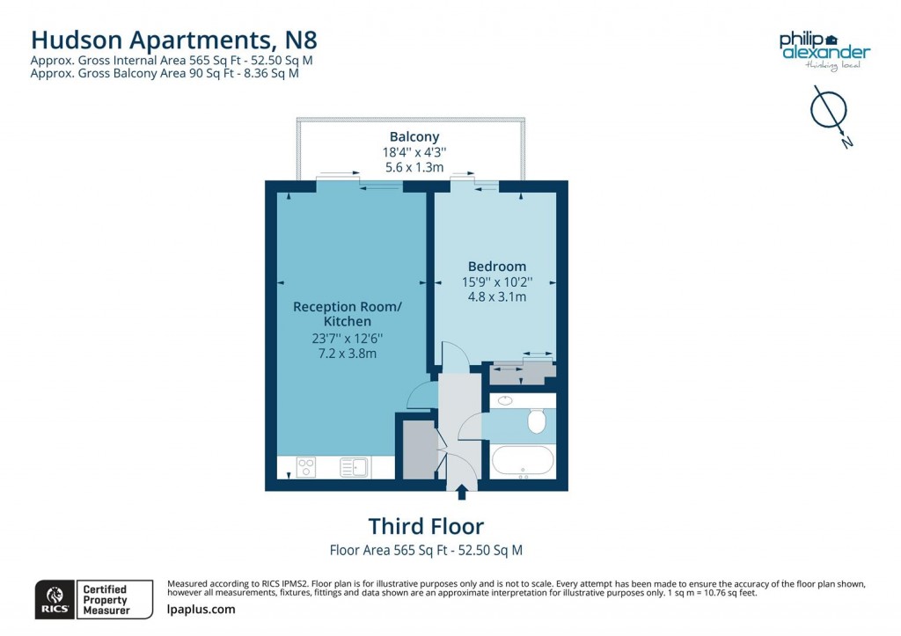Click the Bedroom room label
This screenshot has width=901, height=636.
(x=497, y=267)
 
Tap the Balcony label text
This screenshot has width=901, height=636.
(x=414, y=137)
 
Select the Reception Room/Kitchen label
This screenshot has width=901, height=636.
(x=347, y=314)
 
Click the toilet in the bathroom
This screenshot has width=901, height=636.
(x=537, y=423)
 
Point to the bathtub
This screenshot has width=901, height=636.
(x=523, y=460)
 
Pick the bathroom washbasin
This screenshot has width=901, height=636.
(x=505, y=401)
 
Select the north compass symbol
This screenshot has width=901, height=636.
(x=828, y=112)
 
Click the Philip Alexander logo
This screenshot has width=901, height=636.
(x=824, y=49)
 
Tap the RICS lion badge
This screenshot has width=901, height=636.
(x=52, y=598)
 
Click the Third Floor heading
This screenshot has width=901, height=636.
(x=426, y=526)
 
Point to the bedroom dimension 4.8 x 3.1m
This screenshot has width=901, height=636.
(x=497, y=297)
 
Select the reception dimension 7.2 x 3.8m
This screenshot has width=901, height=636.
(x=347, y=354)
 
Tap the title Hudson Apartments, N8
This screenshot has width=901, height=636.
(x=174, y=39)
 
